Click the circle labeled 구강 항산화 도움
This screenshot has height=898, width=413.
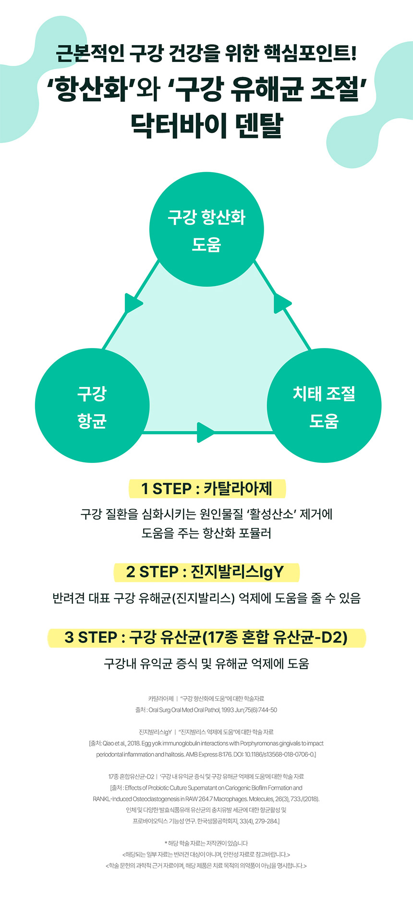pos(206,230)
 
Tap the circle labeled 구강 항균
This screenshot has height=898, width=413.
pos(92,406)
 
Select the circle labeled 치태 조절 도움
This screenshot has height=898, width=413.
pos(324,406)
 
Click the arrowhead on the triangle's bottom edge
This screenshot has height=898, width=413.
pos(206,432)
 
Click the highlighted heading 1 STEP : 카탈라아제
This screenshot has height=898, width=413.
pos(206,489)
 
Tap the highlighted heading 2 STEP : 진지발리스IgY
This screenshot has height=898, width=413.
pos(206,572)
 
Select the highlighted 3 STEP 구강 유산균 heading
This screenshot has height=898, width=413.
pos(206,637)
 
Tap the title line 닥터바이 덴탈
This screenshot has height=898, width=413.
pos(206,126)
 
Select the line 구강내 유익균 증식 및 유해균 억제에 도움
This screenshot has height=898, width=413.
pos(206,664)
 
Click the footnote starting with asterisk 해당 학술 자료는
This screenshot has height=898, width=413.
pos(206,843)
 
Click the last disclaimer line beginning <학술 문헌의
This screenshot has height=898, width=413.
pos(206,866)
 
